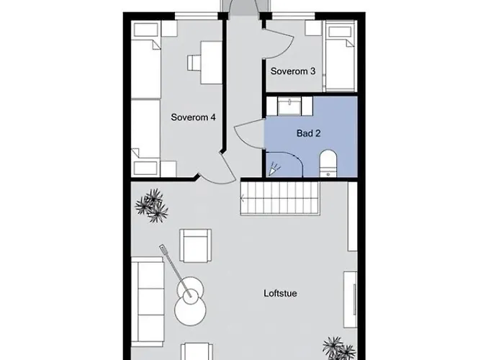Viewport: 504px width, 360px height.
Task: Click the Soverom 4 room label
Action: tap(194, 117)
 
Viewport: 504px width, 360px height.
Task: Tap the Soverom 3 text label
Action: tap(293, 71)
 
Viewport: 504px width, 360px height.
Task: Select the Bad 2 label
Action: tap(308, 133)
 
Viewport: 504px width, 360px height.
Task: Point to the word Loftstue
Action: tap(281, 293)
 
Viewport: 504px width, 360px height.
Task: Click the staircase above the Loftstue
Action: tap(279, 198)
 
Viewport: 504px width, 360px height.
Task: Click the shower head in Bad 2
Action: tap(274, 170)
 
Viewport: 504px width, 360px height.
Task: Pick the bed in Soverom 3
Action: tap(340, 56)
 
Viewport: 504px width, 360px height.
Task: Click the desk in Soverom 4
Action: tap(211, 63)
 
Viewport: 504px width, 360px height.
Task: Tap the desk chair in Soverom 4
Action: tap(194, 63)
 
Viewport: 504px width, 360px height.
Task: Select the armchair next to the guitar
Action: tap(195, 245)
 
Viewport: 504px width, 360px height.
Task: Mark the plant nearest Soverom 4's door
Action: tap(152, 205)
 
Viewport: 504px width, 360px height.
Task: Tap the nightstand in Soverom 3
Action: tap(312, 28)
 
